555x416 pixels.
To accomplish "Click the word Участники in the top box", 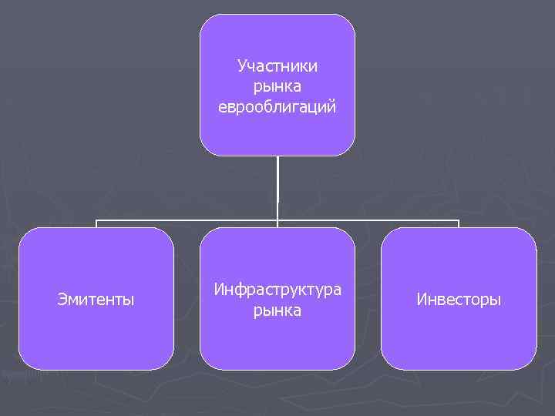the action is pos(277,67).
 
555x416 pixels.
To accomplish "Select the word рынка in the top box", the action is pos(277,87).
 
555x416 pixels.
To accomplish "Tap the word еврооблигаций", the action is pos(277,107).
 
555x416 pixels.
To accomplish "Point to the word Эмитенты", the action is pos(96,299).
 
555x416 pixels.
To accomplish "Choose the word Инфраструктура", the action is pos(277,290).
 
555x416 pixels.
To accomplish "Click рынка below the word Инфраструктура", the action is pos(277,310).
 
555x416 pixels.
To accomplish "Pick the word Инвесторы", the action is pos(459,299).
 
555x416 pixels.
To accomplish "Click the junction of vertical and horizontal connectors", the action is pos(277,221).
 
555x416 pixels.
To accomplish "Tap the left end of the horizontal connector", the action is pos(97,221).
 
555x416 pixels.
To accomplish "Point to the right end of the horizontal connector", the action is pos(458,221).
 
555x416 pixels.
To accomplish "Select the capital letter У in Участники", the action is pos(242,67).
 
